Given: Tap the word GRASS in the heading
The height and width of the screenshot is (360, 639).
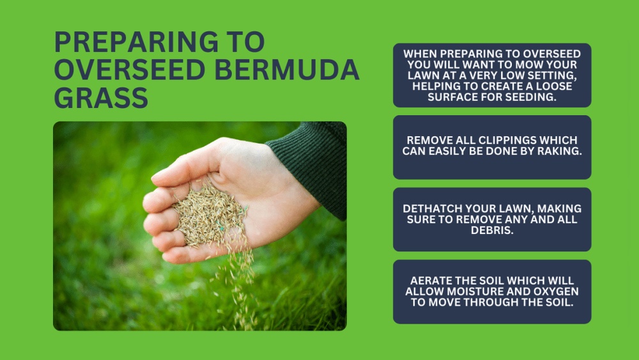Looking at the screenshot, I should [101, 97].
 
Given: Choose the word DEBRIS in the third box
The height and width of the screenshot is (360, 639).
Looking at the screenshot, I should [492, 230].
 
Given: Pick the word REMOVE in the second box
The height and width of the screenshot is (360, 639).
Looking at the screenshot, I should [429, 141].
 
